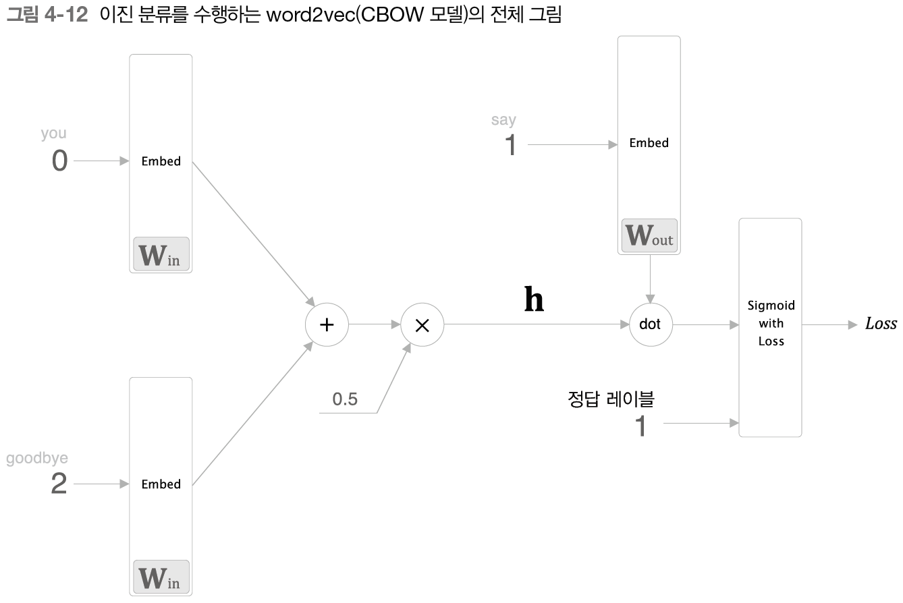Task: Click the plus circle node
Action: [x=327, y=324]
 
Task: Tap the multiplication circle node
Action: [x=422, y=324]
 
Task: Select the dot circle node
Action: [x=650, y=324]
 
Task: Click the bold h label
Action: [x=534, y=300]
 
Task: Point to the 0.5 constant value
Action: [x=345, y=399]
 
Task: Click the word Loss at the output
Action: [x=881, y=324]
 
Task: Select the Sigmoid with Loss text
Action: [x=771, y=324]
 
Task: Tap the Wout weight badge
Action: [x=649, y=235]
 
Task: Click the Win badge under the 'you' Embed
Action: [x=161, y=254]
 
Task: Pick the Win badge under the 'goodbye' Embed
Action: [x=161, y=577]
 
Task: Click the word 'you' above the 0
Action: [x=53, y=134]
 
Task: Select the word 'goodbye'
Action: [x=37, y=459]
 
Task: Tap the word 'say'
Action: [x=503, y=120]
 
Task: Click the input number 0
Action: [x=59, y=162]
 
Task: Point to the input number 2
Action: [x=59, y=484]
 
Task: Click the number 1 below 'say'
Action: [x=512, y=145]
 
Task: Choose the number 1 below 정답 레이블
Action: [x=641, y=426]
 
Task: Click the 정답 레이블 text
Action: [x=611, y=399]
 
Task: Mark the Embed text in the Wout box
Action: [x=649, y=143]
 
